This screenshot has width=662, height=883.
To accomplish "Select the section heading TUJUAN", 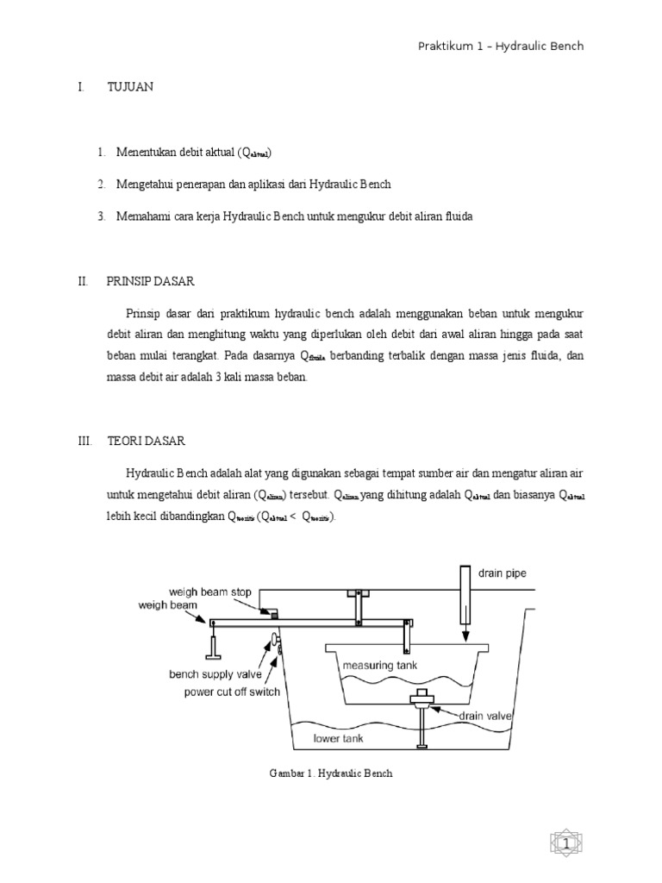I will click(x=130, y=87).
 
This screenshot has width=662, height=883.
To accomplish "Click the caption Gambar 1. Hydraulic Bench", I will click(x=332, y=773).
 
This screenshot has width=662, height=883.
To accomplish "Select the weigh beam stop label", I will click(x=209, y=592).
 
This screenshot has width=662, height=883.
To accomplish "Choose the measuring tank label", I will click(x=380, y=667).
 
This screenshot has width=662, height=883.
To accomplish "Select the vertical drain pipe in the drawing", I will click(x=465, y=595).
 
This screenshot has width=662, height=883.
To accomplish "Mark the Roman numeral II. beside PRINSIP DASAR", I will click(x=83, y=280).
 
